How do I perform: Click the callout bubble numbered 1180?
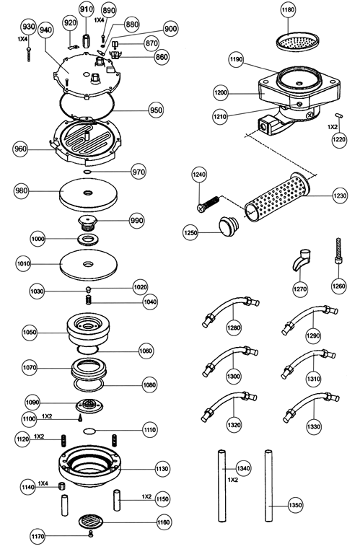pyautogui.click(x=288, y=10)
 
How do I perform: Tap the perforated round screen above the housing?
pyautogui.click(x=298, y=43)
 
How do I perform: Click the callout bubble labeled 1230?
pyautogui.click(x=339, y=196)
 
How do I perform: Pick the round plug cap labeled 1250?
pyautogui.click(x=228, y=224)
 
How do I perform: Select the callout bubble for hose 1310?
pyautogui.click(x=313, y=379)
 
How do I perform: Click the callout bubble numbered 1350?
pyautogui.click(x=296, y=505)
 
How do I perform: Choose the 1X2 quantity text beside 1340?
pyautogui.click(x=233, y=480)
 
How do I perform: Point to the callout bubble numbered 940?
pyautogui.click(x=45, y=30)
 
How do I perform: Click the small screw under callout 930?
pyautogui.click(x=29, y=53)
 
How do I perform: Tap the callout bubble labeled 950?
pyautogui.click(x=156, y=110)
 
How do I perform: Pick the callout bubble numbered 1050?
pyautogui.click(x=30, y=332)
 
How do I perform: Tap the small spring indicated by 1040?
pyautogui.click(x=88, y=299)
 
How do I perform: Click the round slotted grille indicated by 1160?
pyautogui.click(x=91, y=522)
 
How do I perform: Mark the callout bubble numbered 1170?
pyautogui.click(x=38, y=536)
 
